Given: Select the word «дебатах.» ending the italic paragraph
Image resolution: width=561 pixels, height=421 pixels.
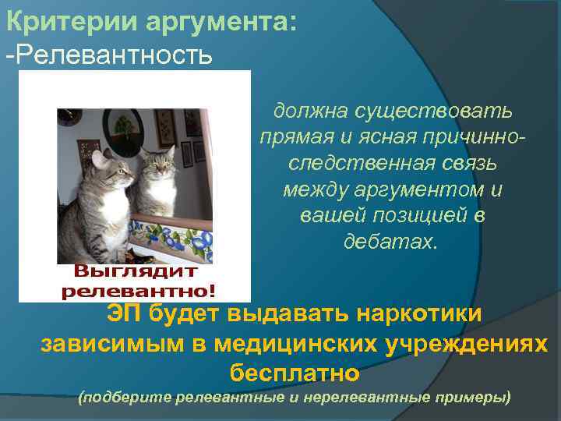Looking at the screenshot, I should (x=392, y=241).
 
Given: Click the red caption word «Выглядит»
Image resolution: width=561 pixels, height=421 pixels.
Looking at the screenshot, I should (x=136, y=272).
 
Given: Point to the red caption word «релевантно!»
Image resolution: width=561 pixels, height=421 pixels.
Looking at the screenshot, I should (x=139, y=292).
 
